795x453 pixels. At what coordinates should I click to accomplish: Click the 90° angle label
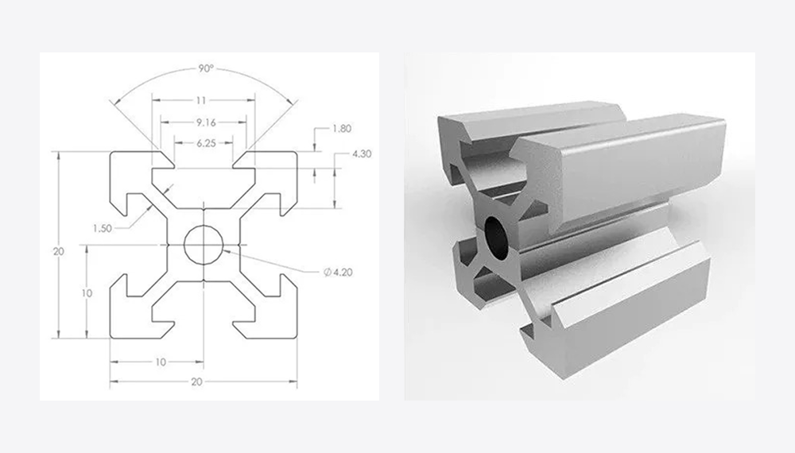pyautogui.click(x=206, y=68)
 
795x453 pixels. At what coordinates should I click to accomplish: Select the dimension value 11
pyautogui.click(x=201, y=100)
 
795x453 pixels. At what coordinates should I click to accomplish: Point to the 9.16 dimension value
pyautogui.click(x=207, y=122)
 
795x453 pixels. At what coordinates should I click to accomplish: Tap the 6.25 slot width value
pyautogui.click(x=207, y=143)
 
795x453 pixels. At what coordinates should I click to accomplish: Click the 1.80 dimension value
pyautogui.click(x=342, y=129)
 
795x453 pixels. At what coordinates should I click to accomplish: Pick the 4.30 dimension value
pyautogui.click(x=362, y=153)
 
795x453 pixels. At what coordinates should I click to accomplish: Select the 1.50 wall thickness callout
pyautogui.click(x=102, y=229)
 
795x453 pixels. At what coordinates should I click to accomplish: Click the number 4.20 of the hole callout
pyautogui.click(x=343, y=273)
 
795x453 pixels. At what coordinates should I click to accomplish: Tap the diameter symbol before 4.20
pyautogui.click(x=327, y=273)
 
